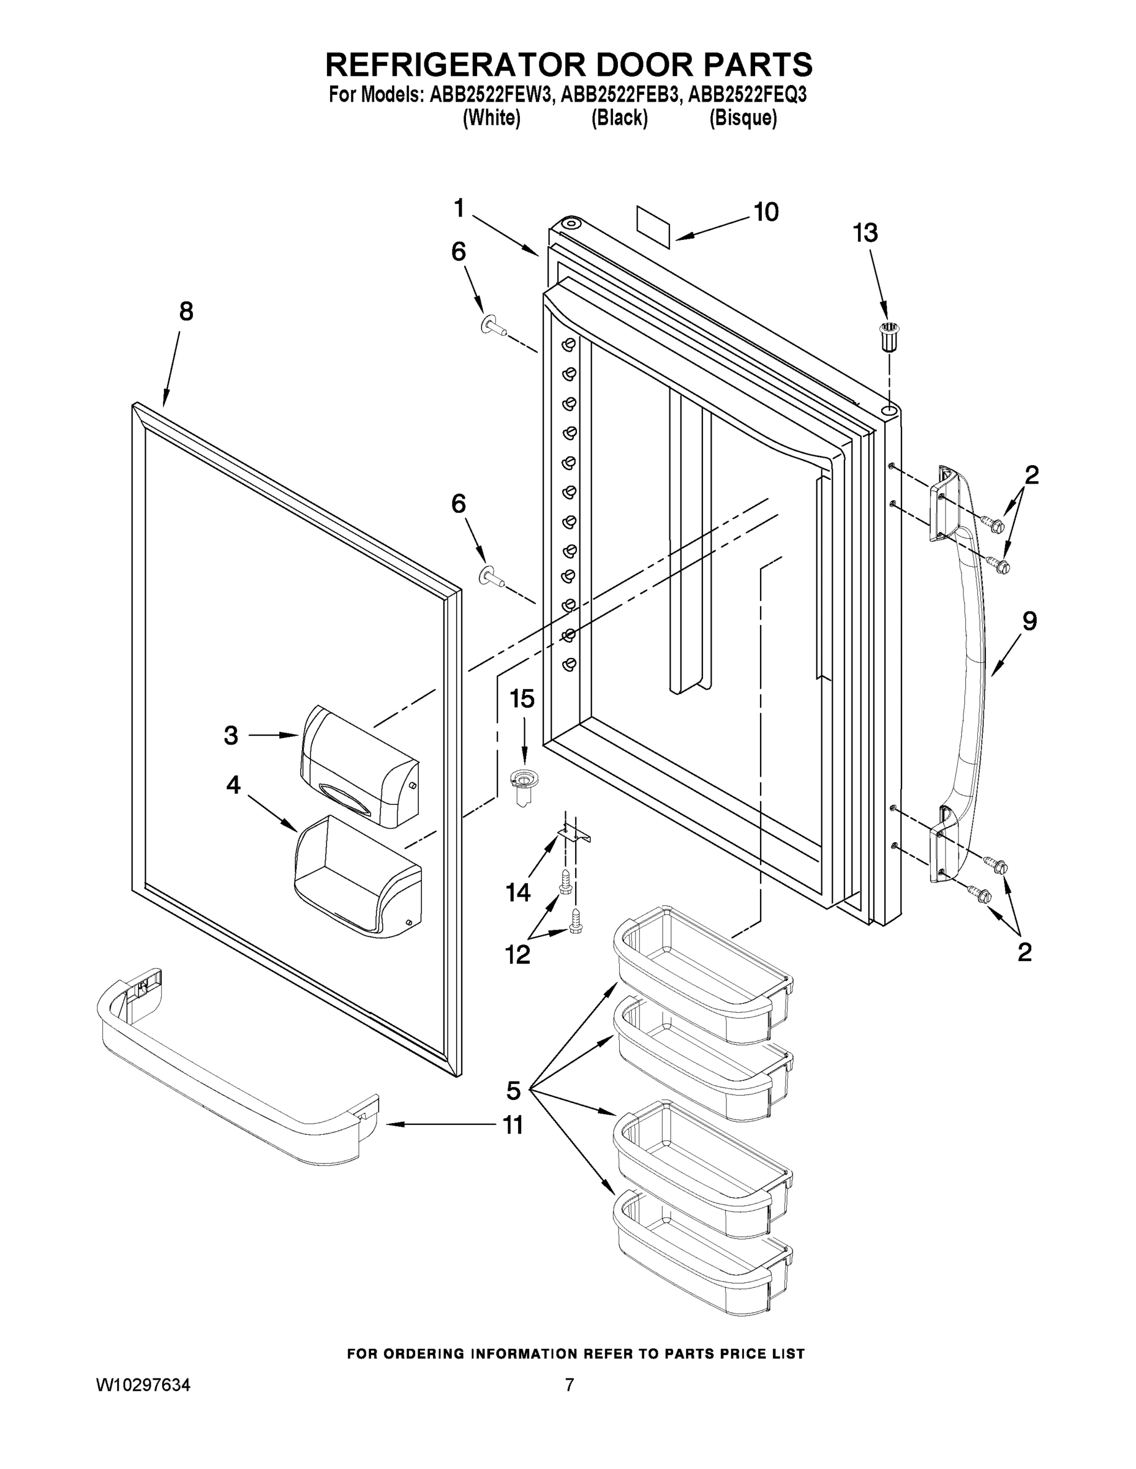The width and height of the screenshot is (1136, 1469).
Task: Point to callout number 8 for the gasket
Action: pyautogui.click(x=186, y=312)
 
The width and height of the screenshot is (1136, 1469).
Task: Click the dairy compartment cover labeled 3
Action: pyautogui.click(x=359, y=767)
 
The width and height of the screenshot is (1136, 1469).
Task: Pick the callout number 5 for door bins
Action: pyautogui.click(x=513, y=1090)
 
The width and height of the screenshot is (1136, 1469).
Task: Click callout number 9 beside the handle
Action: pyautogui.click(x=1029, y=621)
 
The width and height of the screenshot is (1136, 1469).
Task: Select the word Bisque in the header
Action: pyautogui.click(x=743, y=118)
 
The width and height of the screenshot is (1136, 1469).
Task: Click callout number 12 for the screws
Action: pyautogui.click(x=517, y=954)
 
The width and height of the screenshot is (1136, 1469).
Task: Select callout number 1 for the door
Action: pyautogui.click(x=459, y=209)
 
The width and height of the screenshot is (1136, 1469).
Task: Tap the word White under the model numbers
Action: pyautogui.click(x=492, y=118)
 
